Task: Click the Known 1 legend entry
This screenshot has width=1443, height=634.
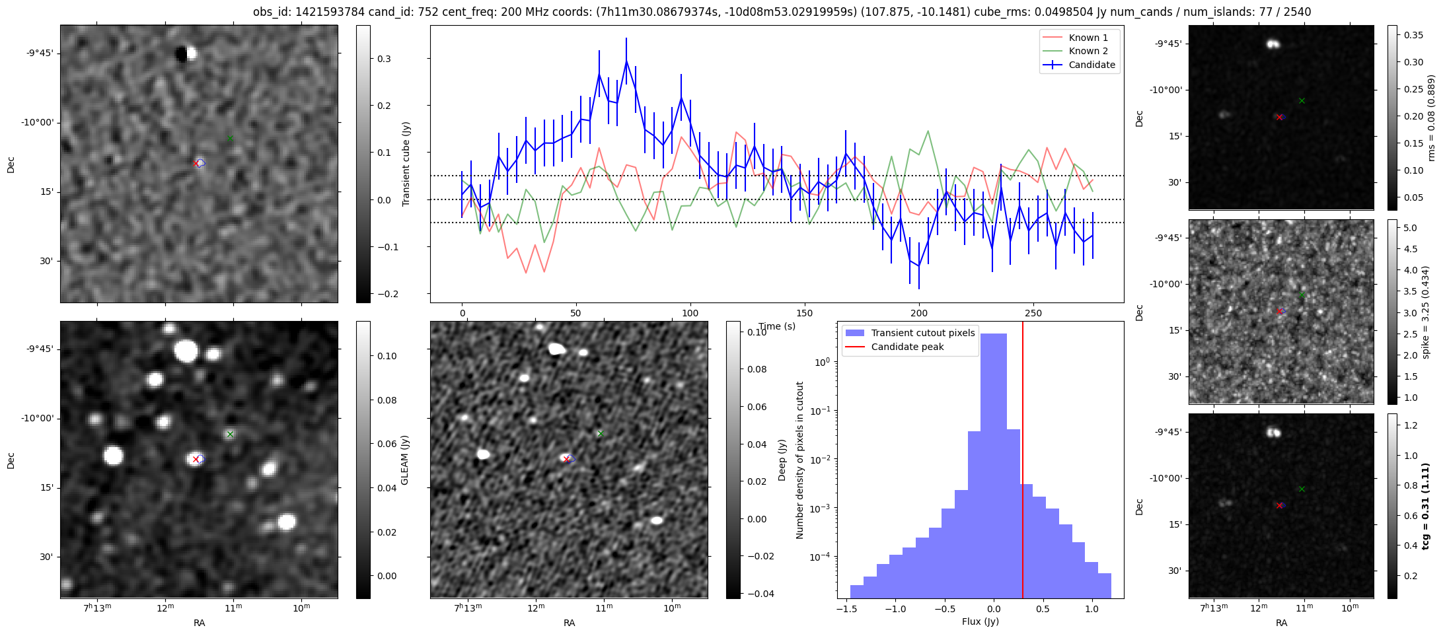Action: point(1088,38)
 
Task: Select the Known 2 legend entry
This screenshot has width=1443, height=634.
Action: point(1088,51)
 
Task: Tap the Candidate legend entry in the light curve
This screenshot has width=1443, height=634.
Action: point(1091,65)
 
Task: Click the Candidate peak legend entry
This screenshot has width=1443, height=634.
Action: point(907,347)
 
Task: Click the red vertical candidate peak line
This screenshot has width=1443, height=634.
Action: point(1023,462)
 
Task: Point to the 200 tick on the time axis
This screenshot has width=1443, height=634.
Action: point(918,313)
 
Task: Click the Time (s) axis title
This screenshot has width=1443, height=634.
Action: point(777,326)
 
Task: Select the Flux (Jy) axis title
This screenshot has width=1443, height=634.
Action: point(980,621)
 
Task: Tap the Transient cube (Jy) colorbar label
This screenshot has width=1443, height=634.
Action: point(406,164)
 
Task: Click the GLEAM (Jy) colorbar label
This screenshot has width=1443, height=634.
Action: point(405,460)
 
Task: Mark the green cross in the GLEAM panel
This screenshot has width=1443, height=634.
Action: point(230,434)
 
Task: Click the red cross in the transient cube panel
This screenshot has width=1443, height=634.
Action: point(196,163)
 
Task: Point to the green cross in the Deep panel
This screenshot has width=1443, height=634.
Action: point(600,433)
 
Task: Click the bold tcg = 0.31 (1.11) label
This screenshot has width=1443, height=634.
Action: point(1426,506)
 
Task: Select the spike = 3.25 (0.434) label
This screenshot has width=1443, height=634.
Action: point(1426,312)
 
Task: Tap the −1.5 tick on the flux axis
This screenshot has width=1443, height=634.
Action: point(845,610)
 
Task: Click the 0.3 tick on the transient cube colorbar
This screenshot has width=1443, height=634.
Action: point(384,59)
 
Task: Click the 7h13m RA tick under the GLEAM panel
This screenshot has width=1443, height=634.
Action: point(97,608)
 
